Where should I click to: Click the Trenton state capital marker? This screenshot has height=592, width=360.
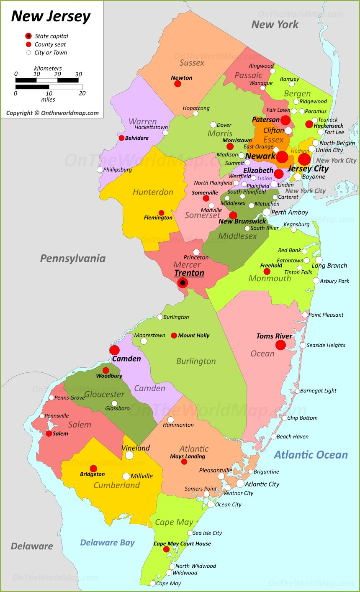(x=183, y=283)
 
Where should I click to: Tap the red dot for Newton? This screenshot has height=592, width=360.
(x=177, y=84)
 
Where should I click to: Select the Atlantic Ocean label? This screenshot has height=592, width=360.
(x=311, y=455)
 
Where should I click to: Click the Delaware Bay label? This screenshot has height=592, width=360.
(x=107, y=543)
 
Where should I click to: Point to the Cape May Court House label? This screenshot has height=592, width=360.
(x=182, y=543)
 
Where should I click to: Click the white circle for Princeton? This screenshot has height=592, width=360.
(x=196, y=252)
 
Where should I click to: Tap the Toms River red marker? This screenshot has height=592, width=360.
(x=280, y=345)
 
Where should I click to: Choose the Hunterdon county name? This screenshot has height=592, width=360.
(x=153, y=192)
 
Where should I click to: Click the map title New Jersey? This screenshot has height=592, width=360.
(x=51, y=16)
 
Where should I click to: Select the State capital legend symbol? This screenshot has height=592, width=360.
(x=28, y=36)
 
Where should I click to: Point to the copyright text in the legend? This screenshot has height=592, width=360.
(x=52, y=113)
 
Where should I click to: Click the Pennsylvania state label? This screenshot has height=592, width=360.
(x=72, y=258)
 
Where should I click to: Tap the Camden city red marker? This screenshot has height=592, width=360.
(x=115, y=350)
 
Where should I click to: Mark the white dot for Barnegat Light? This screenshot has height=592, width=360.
(x=297, y=391)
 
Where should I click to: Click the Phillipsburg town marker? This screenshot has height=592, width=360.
(x=100, y=170)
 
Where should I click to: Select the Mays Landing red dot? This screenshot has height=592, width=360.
(x=184, y=461)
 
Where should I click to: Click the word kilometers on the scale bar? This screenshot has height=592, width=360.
(x=48, y=68)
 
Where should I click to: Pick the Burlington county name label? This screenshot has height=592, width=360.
(x=196, y=361)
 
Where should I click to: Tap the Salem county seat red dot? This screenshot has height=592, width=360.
(x=49, y=433)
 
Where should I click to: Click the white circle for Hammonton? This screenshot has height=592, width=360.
(x=171, y=420)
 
